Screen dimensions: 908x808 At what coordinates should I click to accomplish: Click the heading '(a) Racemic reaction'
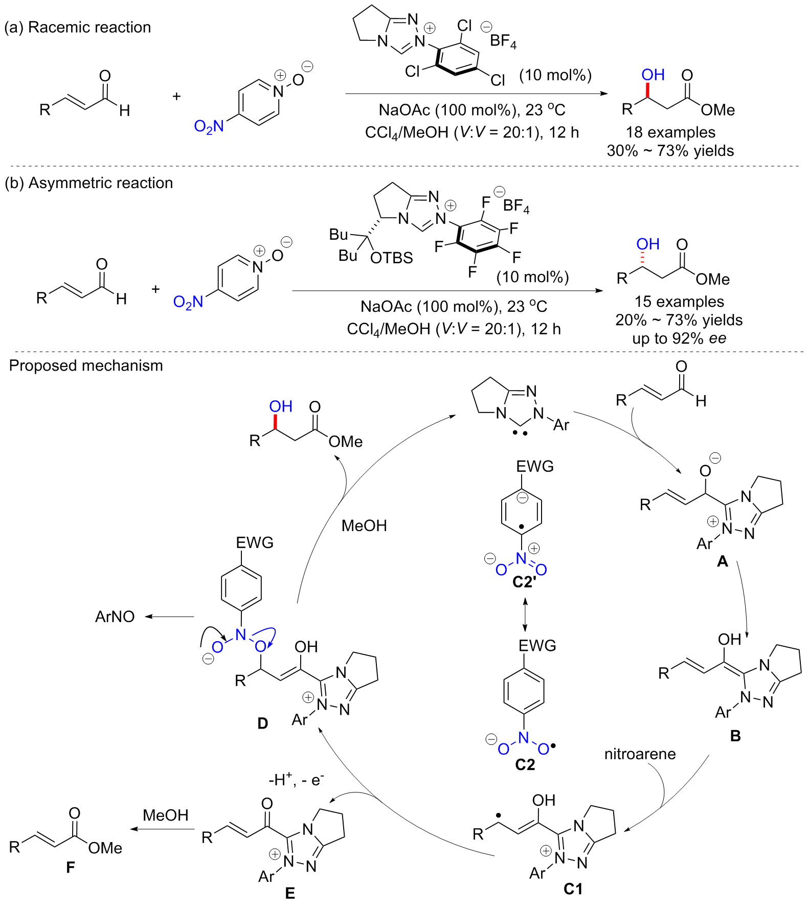[78, 27]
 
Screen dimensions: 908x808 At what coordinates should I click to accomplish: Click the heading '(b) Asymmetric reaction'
[88, 183]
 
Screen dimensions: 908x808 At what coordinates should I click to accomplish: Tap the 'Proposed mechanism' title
[86, 366]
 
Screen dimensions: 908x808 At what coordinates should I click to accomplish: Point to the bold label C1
[573, 889]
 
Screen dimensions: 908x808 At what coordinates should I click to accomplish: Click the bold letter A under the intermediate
[722, 562]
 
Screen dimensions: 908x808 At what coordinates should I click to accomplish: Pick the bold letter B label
[735, 736]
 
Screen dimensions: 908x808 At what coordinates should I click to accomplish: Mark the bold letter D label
[262, 723]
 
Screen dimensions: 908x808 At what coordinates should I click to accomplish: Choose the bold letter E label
[290, 893]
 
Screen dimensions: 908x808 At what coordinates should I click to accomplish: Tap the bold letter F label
[70, 867]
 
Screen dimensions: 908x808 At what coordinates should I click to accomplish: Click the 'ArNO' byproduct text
[115, 617]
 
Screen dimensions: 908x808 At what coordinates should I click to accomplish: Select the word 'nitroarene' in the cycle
[640, 754]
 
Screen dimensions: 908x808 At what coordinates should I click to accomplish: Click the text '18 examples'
[670, 132]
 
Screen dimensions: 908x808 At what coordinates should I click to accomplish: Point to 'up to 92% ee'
[679, 338]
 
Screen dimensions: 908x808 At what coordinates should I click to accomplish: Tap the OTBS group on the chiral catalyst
[391, 258]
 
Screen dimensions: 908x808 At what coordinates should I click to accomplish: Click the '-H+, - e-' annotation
[296, 780]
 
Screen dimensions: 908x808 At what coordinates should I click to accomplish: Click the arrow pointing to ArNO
[169, 617]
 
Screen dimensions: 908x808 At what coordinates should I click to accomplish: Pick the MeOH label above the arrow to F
[165, 815]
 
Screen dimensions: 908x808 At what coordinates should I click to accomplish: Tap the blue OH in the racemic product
[653, 75]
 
